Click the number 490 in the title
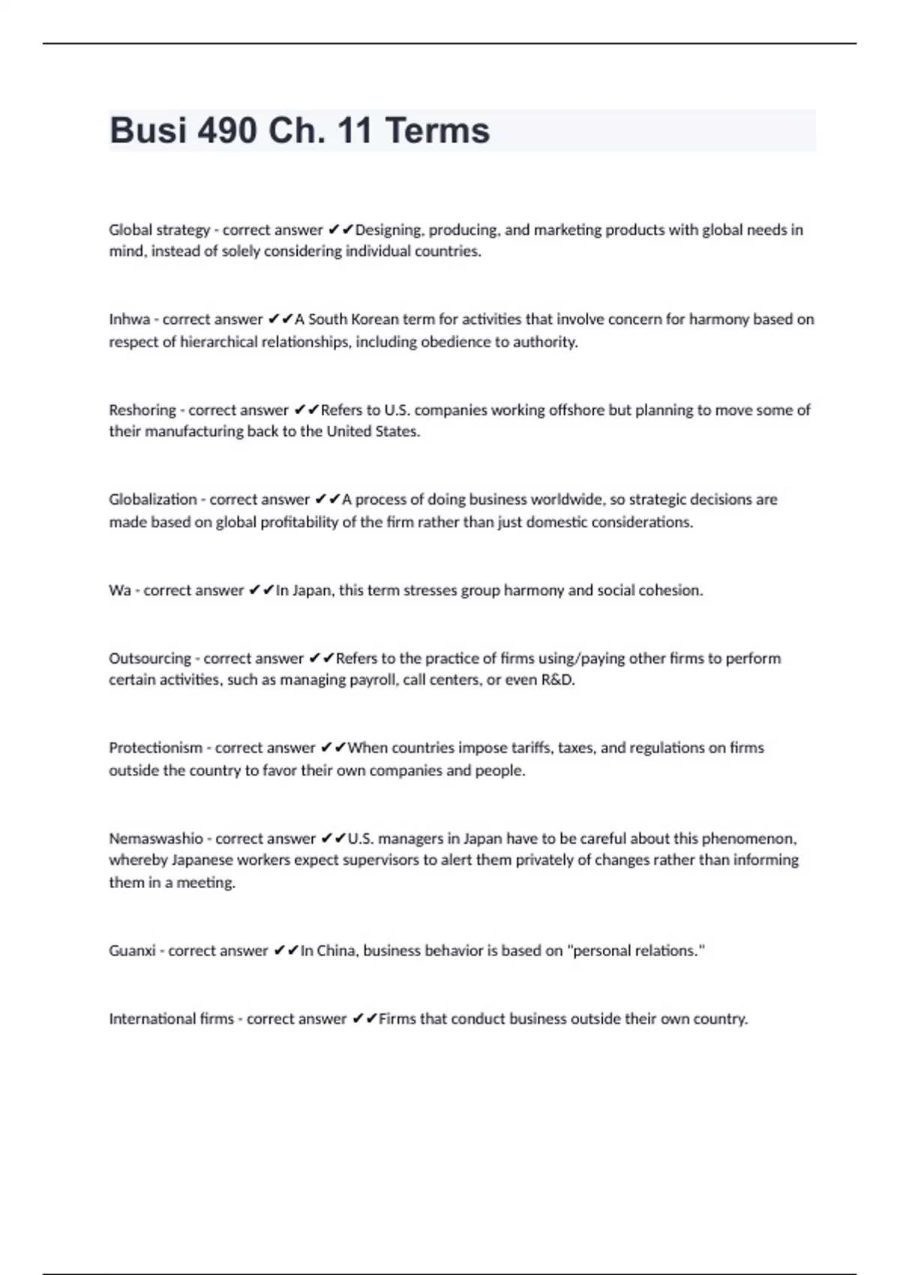[x=228, y=130]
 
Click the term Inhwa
[x=129, y=319]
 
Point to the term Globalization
[x=153, y=499]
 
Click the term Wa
[x=120, y=590]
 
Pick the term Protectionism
[x=155, y=748]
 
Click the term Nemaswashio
[x=155, y=838]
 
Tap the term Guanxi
[x=132, y=951]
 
